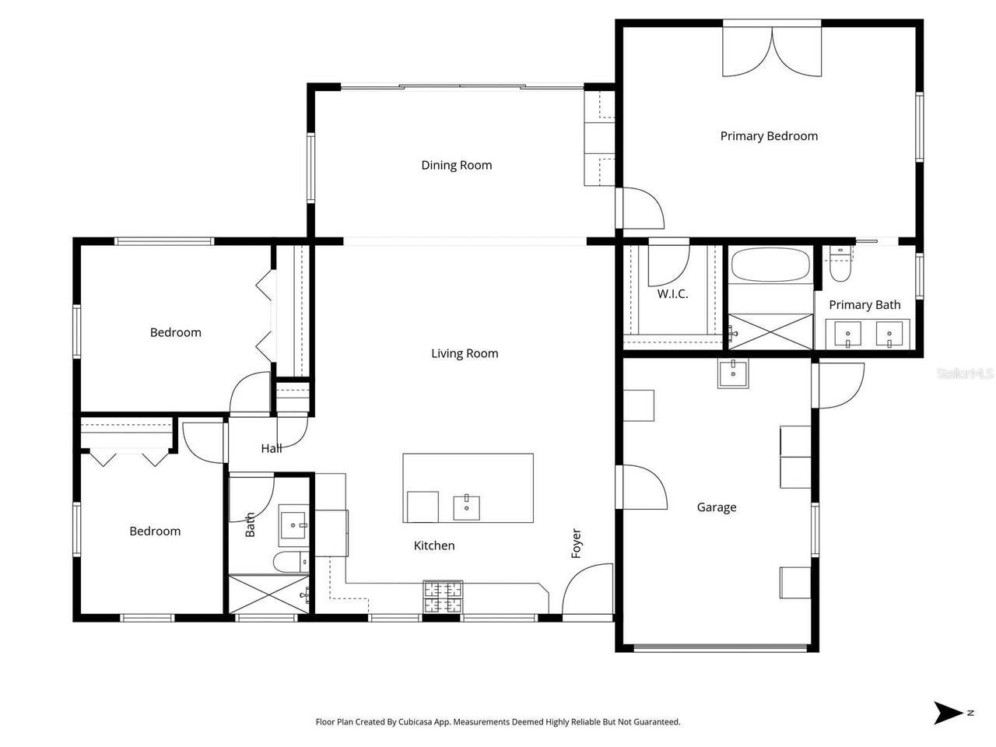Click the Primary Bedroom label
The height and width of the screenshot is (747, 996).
click(x=769, y=136)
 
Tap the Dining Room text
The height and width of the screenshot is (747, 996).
click(x=456, y=165)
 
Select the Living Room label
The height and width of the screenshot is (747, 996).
click(x=465, y=353)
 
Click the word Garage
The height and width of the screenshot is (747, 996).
click(x=716, y=507)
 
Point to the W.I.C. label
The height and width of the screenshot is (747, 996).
click(x=672, y=294)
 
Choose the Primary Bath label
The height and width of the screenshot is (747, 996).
click(x=864, y=305)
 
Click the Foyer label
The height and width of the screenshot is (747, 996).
click(x=577, y=543)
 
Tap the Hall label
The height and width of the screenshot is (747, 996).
click(x=272, y=448)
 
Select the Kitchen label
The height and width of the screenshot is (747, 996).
click(x=433, y=545)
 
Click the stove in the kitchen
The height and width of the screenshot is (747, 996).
click(x=442, y=597)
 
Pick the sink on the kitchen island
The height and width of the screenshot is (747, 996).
click(x=467, y=507)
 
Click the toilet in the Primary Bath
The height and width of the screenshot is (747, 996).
click(x=839, y=265)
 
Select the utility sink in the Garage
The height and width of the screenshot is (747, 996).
click(x=732, y=373)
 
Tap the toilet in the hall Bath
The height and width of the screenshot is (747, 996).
click(x=289, y=562)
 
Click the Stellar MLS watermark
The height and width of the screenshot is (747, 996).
click(x=965, y=374)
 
